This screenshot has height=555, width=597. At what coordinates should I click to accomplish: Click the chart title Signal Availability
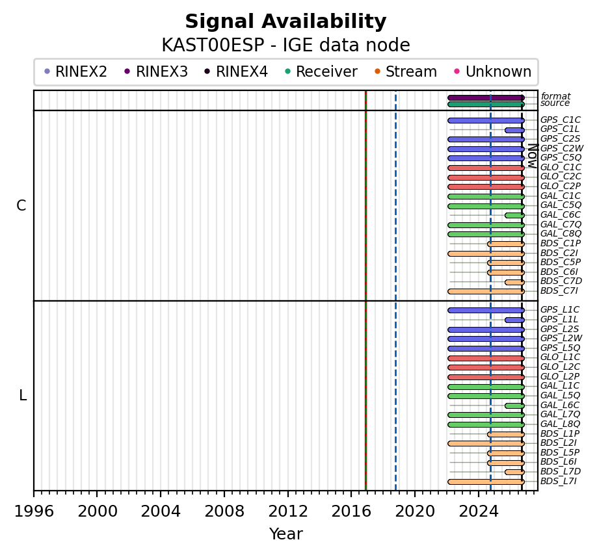[x=285, y=21]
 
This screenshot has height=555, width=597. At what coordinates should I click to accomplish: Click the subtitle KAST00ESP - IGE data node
[x=285, y=45]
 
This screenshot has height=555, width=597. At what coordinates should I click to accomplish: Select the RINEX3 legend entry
[x=156, y=71]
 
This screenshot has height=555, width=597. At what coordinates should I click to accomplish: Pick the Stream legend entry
[x=406, y=71]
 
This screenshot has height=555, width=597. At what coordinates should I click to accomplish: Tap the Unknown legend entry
[x=493, y=71]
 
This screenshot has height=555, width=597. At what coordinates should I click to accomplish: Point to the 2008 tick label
[x=224, y=511]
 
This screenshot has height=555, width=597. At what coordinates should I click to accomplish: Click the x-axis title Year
[x=286, y=534]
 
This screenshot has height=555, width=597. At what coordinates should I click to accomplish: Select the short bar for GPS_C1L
[x=515, y=130]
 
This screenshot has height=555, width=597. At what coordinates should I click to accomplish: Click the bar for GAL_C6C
[x=515, y=215]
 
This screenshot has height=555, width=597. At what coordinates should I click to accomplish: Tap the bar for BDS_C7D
[x=515, y=282]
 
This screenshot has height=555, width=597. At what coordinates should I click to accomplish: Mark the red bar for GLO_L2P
[x=486, y=378]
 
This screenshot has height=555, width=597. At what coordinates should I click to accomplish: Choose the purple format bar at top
[x=486, y=97]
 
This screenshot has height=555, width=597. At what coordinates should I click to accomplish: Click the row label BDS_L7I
[x=559, y=481]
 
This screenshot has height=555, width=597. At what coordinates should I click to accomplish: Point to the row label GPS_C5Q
[x=561, y=157]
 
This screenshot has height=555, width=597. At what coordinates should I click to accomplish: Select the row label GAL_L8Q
[x=561, y=424]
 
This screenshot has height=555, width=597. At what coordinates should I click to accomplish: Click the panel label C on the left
[x=21, y=205]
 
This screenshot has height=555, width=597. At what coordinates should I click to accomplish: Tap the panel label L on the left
[x=23, y=396]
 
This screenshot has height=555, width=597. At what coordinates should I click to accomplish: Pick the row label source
[x=555, y=103]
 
